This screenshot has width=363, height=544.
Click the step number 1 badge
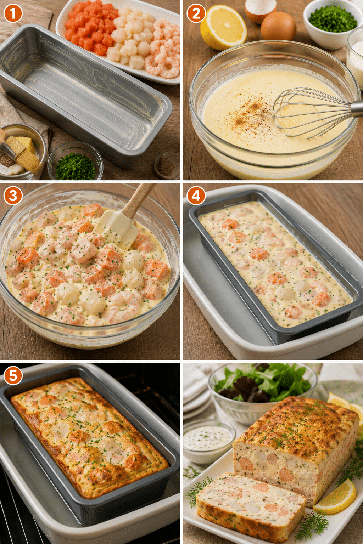[x=13, y=13]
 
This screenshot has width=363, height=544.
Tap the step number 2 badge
[x=196, y=13]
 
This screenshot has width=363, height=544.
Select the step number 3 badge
[x=13, y=195]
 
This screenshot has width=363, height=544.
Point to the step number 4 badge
[x=196, y=195]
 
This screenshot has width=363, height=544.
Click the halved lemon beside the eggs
[x=223, y=27]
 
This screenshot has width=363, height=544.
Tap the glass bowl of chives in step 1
[x=75, y=161]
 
